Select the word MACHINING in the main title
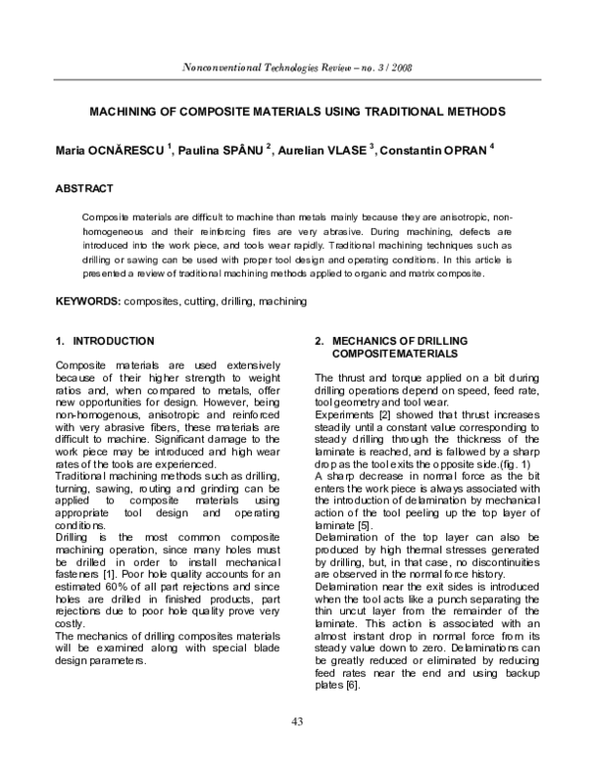point(135,111)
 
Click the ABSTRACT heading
point(83,188)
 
